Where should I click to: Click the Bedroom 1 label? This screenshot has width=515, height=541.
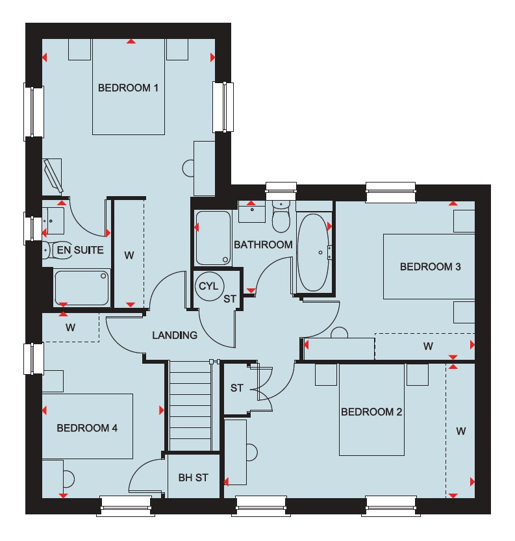tap(128, 88)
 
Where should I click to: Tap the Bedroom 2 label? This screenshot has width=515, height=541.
tap(371, 412)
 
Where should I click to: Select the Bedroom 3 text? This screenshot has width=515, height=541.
tap(430, 266)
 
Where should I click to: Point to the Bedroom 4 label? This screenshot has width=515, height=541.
tap(87, 428)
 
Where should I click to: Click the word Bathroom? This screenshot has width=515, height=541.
tap(263, 245)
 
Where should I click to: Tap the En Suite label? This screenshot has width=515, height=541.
tap(80, 250)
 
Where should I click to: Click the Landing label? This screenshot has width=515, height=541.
tap(175, 335)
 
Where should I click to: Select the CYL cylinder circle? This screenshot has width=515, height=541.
tap(209, 286)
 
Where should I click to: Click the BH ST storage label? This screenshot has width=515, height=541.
tap(193, 477)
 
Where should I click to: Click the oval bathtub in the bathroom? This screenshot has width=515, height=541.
tap(313, 253)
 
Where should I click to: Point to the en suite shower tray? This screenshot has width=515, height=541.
tap(82, 288)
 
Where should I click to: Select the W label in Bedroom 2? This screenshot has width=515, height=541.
tap(461, 431)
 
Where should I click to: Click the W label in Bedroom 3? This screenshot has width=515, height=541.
tap(428, 346)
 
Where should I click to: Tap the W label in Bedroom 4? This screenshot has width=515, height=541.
tap(70, 327)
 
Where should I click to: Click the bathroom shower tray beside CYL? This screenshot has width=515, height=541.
tap(213, 238)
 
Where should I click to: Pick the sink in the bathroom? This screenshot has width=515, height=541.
tap(252, 212)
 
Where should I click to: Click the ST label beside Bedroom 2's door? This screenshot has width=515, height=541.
tap(236, 388)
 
